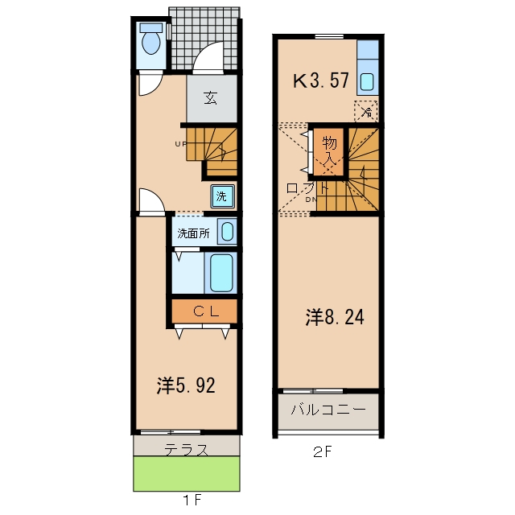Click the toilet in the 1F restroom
151,39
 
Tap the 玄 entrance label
211,98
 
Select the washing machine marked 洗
222,196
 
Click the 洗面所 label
193,233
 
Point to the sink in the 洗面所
227,231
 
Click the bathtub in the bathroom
221,272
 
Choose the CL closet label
206,311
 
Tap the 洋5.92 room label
186,385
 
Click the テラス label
186,449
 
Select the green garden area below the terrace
187,473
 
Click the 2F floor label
322,452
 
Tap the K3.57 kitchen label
320,80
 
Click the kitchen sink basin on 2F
367,82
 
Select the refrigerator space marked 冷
366,111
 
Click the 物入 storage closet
328,151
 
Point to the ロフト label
307,188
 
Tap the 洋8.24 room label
335,317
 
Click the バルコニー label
328,410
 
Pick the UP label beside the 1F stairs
180,144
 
